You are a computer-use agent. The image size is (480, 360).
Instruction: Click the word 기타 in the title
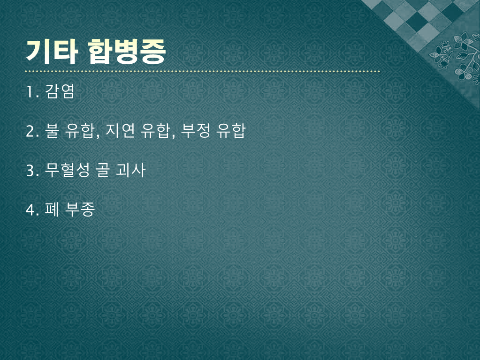pos(52,52)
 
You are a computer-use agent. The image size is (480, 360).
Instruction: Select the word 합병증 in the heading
pos(127,52)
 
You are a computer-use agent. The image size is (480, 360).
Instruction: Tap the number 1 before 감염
pos(30,91)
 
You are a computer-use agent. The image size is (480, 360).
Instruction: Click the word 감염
pos(60,91)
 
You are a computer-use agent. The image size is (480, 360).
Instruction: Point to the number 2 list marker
pos(30,131)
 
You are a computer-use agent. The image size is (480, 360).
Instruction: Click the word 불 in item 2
pos(52,130)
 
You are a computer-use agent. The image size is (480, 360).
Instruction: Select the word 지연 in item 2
pos(120,130)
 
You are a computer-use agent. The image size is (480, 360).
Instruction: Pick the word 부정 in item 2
pos(196,130)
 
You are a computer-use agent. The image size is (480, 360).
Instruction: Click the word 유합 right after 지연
pos(155,130)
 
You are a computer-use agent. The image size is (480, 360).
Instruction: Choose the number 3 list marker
pos(30,170)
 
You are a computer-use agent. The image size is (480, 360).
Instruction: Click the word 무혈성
pos(68,170)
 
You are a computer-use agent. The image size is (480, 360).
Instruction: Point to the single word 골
pos(103,170)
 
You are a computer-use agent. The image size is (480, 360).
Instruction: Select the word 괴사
pos(130,170)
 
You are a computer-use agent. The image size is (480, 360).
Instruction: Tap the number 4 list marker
pos(30,210)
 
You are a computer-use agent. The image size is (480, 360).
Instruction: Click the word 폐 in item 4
pos(52,209)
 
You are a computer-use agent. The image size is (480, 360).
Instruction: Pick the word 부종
pos(80,209)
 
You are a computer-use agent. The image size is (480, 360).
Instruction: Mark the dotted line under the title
pos(203,71)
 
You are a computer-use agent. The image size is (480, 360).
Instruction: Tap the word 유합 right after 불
pos(80,130)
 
